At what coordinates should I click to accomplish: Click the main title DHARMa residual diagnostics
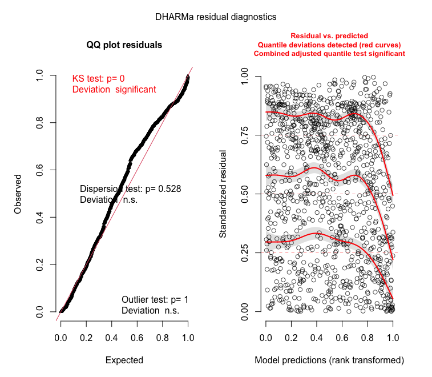click(x=216, y=17)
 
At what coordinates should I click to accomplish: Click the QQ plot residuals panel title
click(x=124, y=45)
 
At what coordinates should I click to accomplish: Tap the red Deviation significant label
click(x=114, y=90)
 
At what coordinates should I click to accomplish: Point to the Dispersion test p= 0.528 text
click(x=130, y=188)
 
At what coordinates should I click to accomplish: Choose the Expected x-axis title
click(x=124, y=360)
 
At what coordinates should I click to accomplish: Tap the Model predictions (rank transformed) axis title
click(x=329, y=360)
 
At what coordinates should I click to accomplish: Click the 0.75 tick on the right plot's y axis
click(x=245, y=135)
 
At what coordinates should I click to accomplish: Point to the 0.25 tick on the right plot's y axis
click(x=245, y=252)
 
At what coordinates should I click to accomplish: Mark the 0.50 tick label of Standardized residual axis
click(x=245, y=194)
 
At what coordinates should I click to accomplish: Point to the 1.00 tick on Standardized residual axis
click(x=245, y=76)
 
